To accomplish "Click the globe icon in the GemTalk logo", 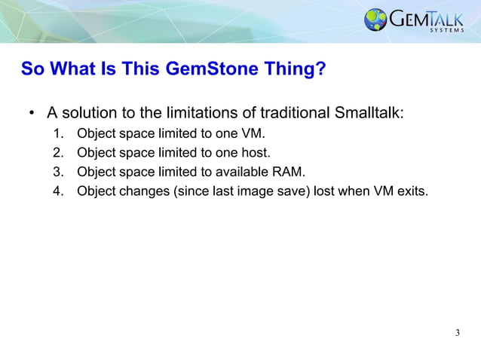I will (375, 20).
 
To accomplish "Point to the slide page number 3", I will (458, 333).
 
